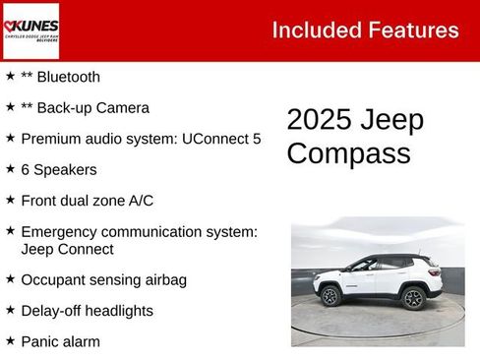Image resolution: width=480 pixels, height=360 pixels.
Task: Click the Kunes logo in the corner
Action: (x=30, y=30)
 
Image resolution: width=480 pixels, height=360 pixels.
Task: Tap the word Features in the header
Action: (x=412, y=30)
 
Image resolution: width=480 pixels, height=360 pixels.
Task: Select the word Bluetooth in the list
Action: (x=67, y=77)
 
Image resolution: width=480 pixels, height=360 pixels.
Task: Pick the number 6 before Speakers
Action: (x=26, y=169)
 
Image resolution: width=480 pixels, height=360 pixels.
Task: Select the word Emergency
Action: (x=61, y=232)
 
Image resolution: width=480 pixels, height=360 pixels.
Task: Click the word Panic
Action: (x=41, y=341)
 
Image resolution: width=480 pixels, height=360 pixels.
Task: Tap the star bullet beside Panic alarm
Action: (x=10, y=340)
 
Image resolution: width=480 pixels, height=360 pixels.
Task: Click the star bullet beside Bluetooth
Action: (x=10, y=76)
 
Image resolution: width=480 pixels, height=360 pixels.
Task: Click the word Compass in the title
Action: (x=335, y=154)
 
